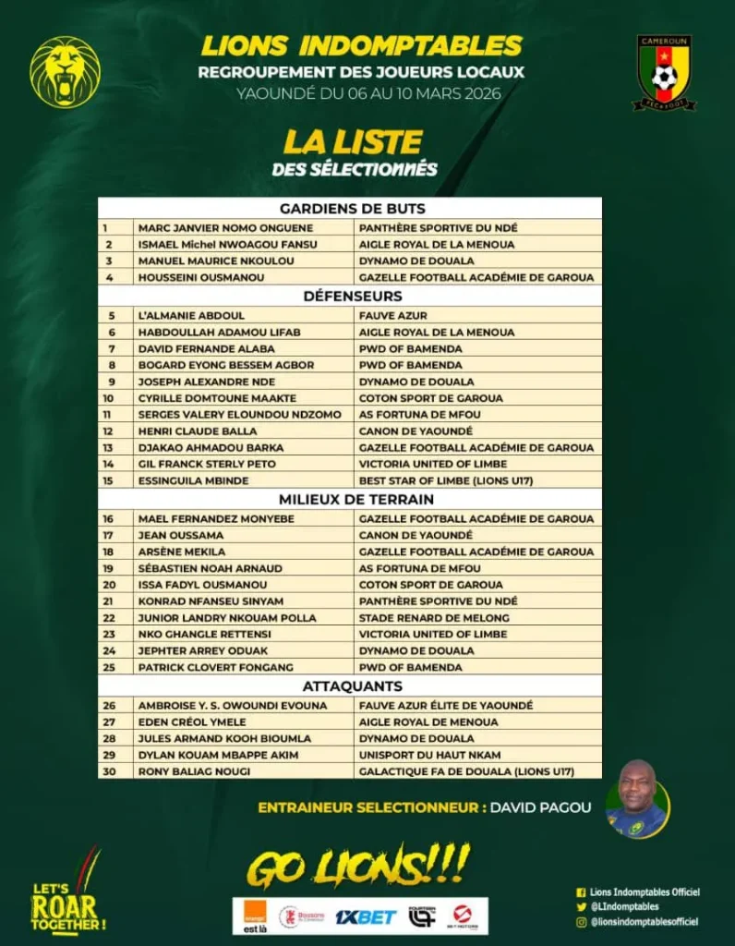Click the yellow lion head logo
pyautogui.click(x=65, y=71)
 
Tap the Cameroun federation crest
pyautogui.click(x=663, y=72)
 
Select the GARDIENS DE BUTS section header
pyautogui.click(x=350, y=209)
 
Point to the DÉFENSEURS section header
pyautogui.click(x=350, y=297)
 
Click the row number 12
pyautogui.click(x=109, y=431)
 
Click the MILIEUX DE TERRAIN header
pyautogui.click(x=350, y=500)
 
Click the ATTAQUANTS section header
pyautogui.click(x=350, y=686)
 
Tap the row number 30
pyautogui.click(x=109, y=771)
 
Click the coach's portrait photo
pyautogui.click(x=638, y=798)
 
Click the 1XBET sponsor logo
pyautogui.click(x=366, y=916)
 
